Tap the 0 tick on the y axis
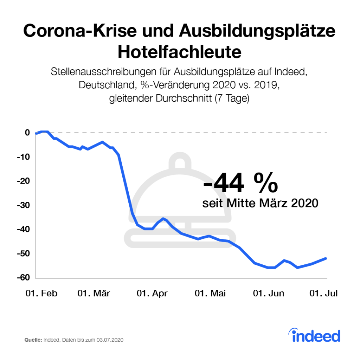(27, 133)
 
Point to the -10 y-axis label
(24, 157)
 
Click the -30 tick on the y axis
(24, 205)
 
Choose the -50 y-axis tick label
(24, 254)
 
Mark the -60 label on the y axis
(24, 278)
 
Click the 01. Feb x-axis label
(41, 294)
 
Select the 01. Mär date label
(94, 294)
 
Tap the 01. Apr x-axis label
(152, 294)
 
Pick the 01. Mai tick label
(210, 294)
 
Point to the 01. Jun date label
(269, 294)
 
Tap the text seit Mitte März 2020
(260, 203)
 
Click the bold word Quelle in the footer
(33, 340)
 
